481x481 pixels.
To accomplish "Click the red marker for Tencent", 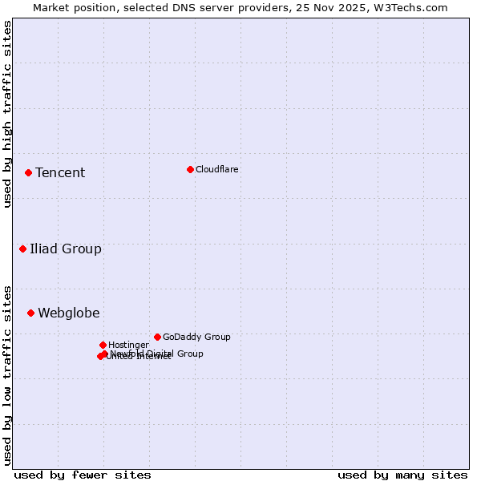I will click(x=28, y=172).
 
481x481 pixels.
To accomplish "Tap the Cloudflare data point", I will click(x=190, y=169).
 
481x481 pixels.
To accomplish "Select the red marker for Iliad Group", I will click(x=23, y=249).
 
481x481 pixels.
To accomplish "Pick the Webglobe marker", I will click(x=30, y=313).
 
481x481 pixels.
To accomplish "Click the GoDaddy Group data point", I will click(x=157, y=337).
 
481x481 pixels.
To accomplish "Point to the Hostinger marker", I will click(x=103, y=345).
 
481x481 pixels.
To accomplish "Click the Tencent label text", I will click(x=60, y=173).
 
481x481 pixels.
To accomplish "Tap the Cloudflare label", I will click(x=217, y=169).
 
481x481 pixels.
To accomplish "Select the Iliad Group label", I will click(x=66, y=249).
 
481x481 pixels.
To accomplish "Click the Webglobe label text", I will click(x=69, y=313).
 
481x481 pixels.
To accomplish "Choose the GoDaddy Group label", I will click(x=196, y=338).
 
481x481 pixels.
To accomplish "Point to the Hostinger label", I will click(x=128, y=346).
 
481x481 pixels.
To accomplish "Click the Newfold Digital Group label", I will click(x=157, y=354).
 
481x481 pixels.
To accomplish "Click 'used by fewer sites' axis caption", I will click(x=83, y=475).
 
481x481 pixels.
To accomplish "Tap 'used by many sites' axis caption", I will click(x=402, y=475).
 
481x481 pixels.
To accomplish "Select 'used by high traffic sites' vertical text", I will click(x=7, y=114).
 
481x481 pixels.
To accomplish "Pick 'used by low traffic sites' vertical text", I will click(x=7, y=375).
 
